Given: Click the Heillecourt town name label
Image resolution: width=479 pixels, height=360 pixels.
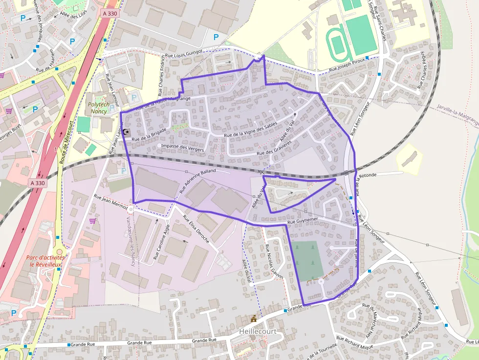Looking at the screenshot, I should point(258,331).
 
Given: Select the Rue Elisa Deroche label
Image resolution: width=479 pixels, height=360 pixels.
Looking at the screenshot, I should point(196,230).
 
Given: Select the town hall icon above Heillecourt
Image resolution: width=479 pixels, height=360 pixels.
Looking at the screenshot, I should point(253,319).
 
